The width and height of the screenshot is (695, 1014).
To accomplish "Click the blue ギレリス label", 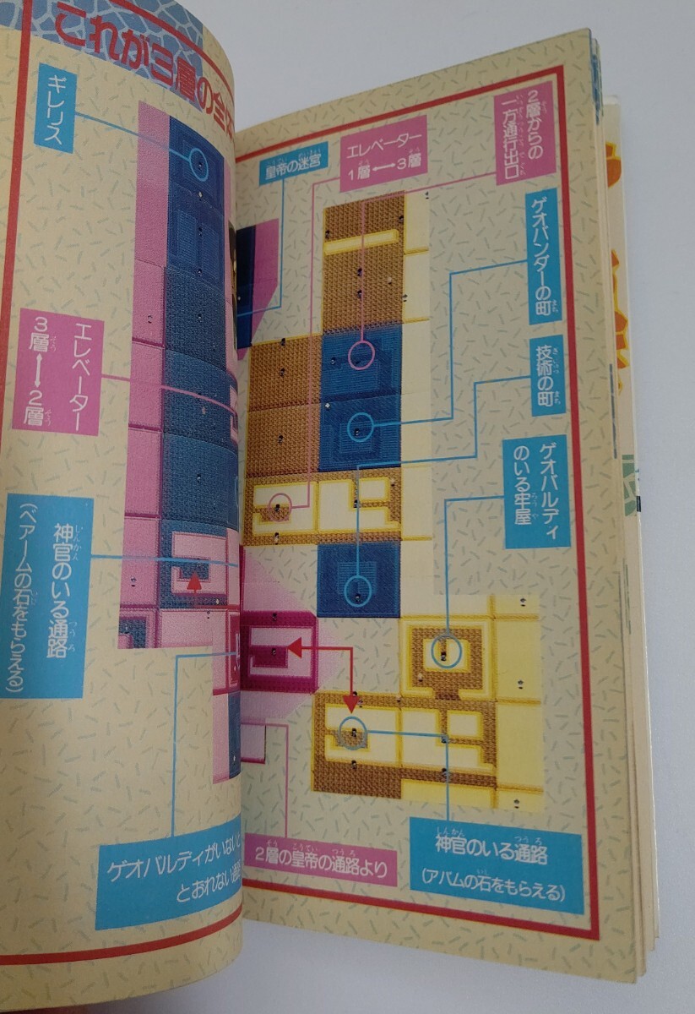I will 56,110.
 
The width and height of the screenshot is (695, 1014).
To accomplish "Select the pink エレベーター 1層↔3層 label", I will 383,155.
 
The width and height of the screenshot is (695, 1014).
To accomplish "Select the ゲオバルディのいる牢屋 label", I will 535,491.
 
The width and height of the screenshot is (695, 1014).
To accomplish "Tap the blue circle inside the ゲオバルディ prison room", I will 445,649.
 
